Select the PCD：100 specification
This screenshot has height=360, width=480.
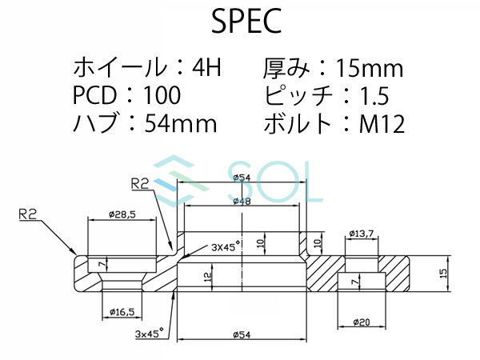[126, 96]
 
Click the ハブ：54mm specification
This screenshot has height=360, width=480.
[145, 124]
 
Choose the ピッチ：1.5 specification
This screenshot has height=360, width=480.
[326, 96]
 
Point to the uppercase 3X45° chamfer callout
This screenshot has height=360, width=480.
[226, 249]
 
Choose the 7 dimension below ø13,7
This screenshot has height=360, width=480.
[354, 282]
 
